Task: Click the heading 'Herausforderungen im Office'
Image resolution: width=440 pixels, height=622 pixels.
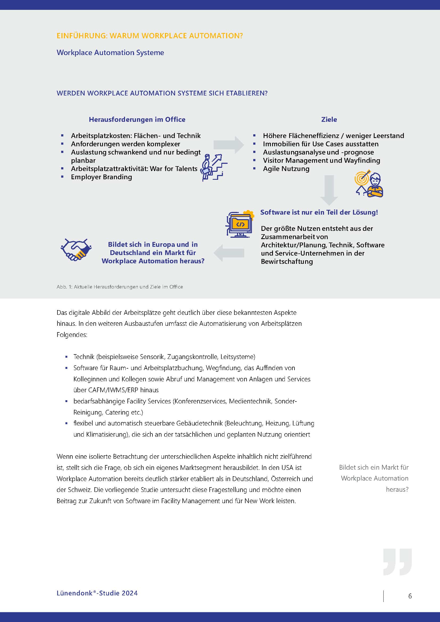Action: tap(137, 119)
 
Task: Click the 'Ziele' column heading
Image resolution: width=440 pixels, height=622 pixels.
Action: tap(329, 119)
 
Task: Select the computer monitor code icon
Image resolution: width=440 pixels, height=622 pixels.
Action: tap(240, 224)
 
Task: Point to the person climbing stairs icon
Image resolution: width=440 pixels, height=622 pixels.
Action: tap(213, 168)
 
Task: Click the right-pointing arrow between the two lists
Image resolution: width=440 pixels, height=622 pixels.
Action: tap(229, 145)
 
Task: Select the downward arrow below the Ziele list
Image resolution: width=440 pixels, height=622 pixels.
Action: tap(329, 190)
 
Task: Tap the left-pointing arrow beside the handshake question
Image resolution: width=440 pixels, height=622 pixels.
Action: tap(229, 253)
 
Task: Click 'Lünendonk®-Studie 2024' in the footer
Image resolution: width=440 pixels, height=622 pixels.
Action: tap(97, 593)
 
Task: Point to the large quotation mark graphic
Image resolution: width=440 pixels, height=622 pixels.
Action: tap(397, 562)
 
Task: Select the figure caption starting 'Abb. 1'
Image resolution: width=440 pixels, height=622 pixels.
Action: tap(119, 287)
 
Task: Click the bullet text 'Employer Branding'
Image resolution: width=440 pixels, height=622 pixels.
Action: tap(101, 177)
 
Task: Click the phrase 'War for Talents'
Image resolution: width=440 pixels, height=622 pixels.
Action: tap(173, 169)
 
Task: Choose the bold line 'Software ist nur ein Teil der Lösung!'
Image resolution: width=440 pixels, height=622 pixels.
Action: tap(319, 212)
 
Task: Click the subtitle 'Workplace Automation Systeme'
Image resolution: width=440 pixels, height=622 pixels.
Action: tap(110, 53)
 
